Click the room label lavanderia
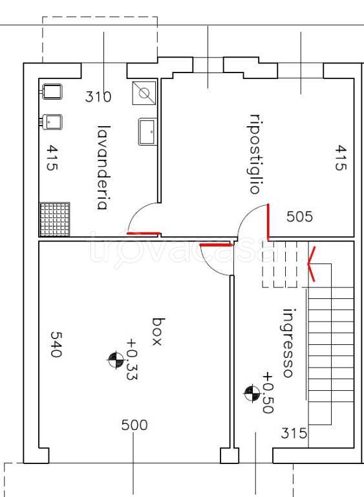pos(103,168)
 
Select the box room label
pos(158,331)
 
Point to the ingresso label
pos(288,343)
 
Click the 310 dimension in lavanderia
pos(98,96)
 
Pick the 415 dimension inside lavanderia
pos(52,157)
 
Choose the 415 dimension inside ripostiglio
pos(341,157)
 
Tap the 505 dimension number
pos(299,217)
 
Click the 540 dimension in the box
pos(56,344)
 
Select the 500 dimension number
pos(134,425)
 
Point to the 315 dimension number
pos(294,433)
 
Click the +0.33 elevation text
pos(132,359)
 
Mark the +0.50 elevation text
pos(268,392)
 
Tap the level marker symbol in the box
pos(116,360)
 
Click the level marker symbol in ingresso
pos(252,393)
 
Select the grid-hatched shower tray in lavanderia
pos(54,219)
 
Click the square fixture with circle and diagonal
pos(144,93)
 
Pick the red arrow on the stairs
pos(311,264)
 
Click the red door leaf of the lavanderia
pos(144,234)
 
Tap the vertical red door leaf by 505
pos(268,222)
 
